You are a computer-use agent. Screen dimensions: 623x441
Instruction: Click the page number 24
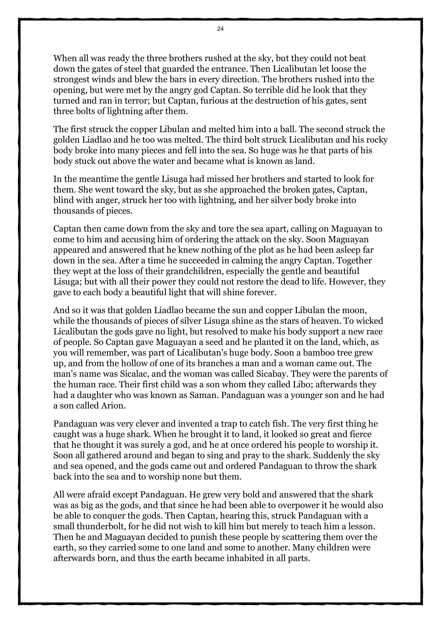(220, 29)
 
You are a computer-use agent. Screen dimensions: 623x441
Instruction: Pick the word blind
(62, 200)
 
